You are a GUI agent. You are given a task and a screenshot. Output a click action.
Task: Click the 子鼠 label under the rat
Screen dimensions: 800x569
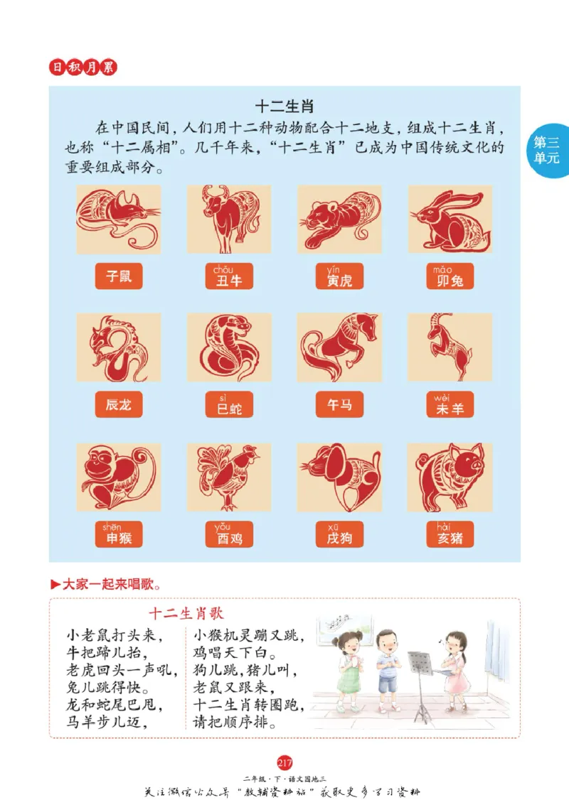click(x=119, y=276)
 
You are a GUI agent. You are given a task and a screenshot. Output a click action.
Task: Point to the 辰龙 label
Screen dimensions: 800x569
click(x=119, y=405)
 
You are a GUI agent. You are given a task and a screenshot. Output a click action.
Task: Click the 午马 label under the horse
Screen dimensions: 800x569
click(x=339, y=405)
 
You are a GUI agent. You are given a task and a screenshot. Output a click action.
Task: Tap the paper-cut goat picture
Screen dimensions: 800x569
click(x=450, y=347)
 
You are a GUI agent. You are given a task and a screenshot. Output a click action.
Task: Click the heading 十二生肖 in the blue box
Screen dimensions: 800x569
click(x=284, y=106)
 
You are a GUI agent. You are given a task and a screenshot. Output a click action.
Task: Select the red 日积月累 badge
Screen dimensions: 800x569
click(x=83, y=67)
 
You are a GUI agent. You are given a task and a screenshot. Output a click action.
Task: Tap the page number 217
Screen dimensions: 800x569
click(x=284, y=763)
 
